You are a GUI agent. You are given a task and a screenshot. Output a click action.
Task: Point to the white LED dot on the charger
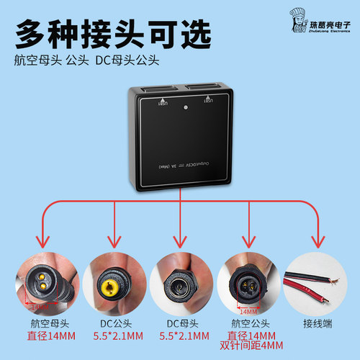[x=185, y=108]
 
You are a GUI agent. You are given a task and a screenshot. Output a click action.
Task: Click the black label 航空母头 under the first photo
[x=46, y=323]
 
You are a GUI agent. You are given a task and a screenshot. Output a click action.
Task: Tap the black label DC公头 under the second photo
[x=113, y=323]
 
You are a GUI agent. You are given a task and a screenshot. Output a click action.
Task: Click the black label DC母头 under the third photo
[x=180, y=323]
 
